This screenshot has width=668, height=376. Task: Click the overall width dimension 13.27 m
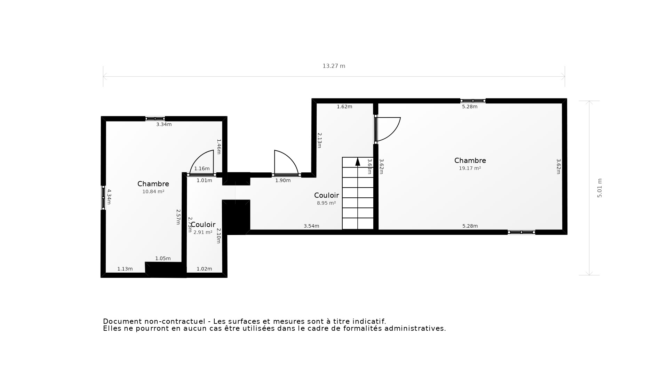(x=334, y=66)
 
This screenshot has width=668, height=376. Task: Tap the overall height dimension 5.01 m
(x=599, y=188)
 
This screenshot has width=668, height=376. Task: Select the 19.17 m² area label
(x=470, y=168)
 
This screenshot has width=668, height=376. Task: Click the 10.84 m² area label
(x=153, y=191)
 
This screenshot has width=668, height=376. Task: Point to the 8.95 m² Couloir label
(x=326, y=203)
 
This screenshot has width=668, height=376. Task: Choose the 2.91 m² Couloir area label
(x=203, y=232)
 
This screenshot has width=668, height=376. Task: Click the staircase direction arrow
(x=358, y=162)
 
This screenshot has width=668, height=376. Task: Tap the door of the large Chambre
(x=387, y=129)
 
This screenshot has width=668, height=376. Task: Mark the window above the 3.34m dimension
(x=155, y=119)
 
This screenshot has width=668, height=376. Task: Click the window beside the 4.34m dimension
(x=103, y=198)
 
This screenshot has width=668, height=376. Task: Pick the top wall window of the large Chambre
(x=473, y=101)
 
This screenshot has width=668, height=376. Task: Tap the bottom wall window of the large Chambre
(x=521, y=232)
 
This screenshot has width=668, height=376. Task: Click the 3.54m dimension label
(x=311, y=226)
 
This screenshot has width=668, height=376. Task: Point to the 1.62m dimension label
(x=344, y=107)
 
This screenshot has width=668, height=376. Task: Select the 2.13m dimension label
(x=319, y=140)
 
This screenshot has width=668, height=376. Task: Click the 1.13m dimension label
(x=125, y=269)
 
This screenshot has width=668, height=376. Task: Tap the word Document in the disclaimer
(x=122, y=321)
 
